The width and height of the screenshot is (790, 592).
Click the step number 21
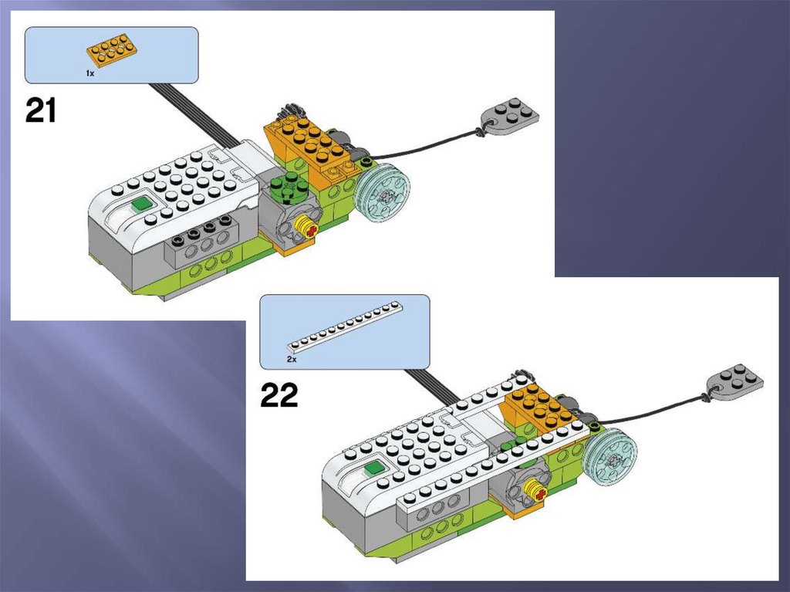click(41, 110)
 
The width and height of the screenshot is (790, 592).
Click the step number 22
click(279, 395)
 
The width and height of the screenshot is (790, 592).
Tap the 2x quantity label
click(292, 360)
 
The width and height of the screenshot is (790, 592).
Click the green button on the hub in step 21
click(141, 205)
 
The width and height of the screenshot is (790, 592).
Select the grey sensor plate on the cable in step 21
click(510, 113)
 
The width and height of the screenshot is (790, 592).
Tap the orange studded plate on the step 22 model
click(543, 407)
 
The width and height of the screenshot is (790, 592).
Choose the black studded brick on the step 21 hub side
click(202, 232)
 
